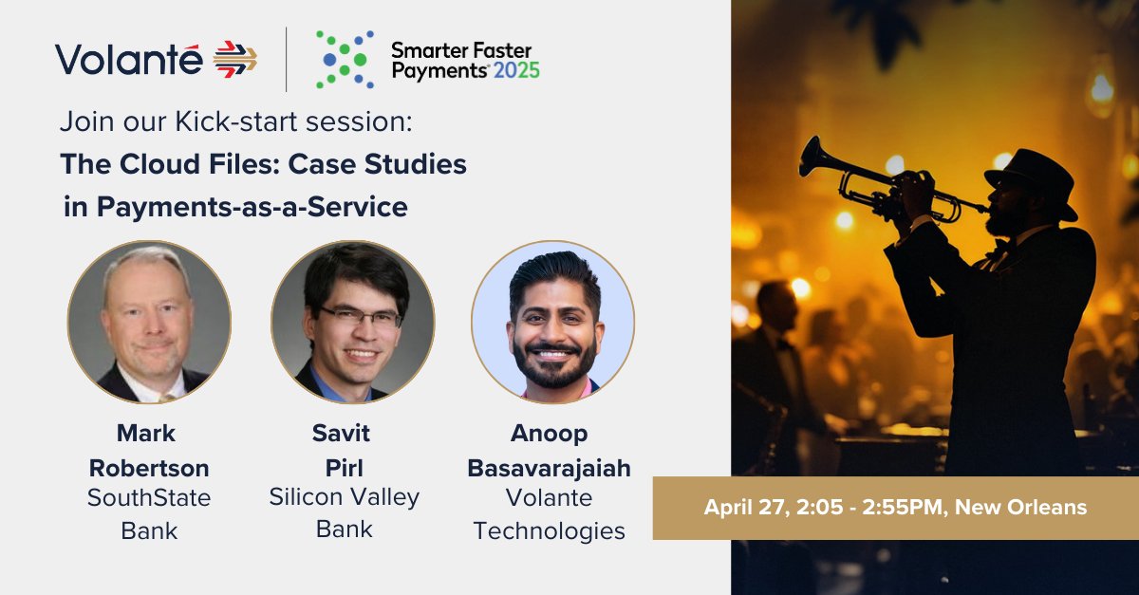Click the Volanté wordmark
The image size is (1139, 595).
128,59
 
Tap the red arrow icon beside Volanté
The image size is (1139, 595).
234,59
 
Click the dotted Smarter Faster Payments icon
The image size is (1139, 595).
343,59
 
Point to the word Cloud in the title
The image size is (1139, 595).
157,164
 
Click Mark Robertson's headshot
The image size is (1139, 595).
149,322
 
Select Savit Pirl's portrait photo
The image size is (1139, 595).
352,322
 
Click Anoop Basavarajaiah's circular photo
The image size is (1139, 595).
552,322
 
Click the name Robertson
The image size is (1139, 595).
149,468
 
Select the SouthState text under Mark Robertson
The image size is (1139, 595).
149,497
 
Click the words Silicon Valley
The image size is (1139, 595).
344,496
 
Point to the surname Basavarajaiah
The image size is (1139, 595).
549,469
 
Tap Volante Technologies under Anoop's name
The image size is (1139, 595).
549,513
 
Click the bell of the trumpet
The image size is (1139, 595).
812,158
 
